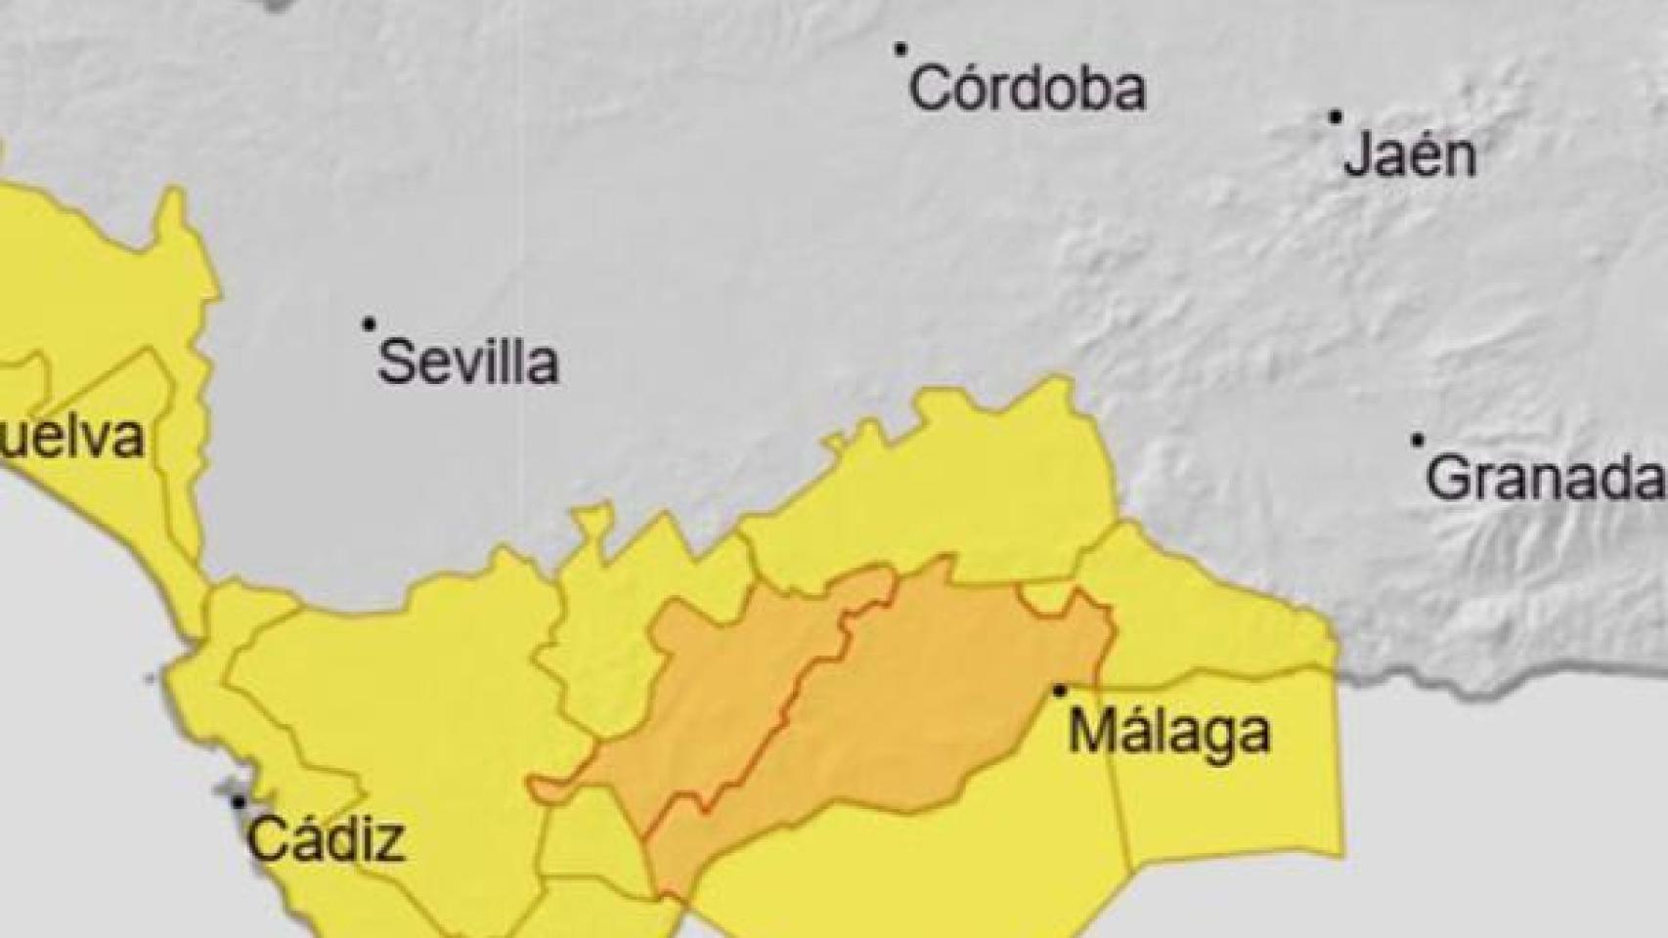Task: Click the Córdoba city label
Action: pyautogui.click(x=1027, y=89)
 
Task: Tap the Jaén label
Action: pyautogui.click(x=1409, y=156)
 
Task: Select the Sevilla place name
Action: pyautogui.click(x=468, y=362)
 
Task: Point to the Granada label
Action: pyautogui.click(x=1545, y=479)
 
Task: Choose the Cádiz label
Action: pyautogui.click(x=326, y=840)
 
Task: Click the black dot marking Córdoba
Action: pyautogui.click(x=900, y=48)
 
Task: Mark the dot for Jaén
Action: pyautogui.click(x=1336, y=117)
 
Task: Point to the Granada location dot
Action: pyautogui.click(x=1418, y=441)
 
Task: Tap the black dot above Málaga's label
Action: pyautogui.click(x=1060, y=691)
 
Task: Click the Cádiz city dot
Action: pyautogui.click(x=238, y=802)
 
